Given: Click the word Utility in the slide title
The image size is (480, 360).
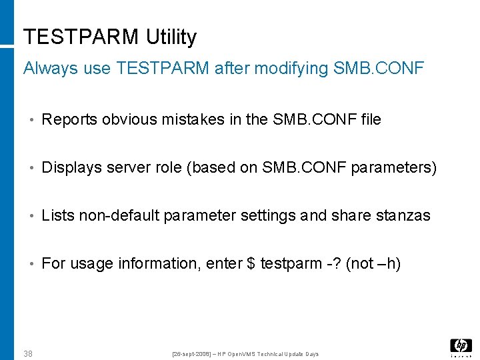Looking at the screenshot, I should (171, 37).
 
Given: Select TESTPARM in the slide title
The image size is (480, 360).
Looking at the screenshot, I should (81, 37).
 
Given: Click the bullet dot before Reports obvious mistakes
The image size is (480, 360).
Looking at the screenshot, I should (31, 120).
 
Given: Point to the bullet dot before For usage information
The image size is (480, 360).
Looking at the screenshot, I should (31, 264).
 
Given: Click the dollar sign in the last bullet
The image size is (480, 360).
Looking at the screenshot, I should (251, 263).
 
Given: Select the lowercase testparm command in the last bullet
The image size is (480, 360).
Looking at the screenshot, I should (291, 263).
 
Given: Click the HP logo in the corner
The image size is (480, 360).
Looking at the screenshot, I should (461, 345).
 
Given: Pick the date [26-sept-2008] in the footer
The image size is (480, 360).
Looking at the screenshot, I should (193, 353).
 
